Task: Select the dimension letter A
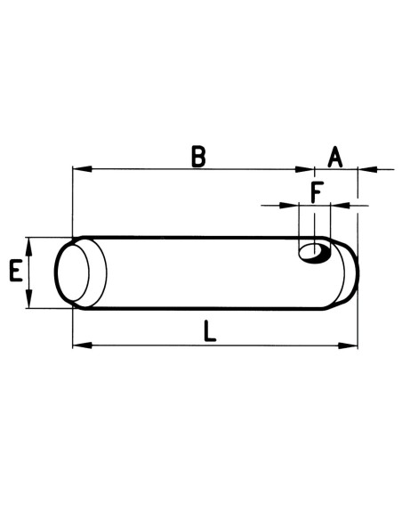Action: coord(334,158)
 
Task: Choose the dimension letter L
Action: coord(208,331)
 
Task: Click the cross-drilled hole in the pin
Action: coord(314,253)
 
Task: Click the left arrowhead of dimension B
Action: coord(77,168)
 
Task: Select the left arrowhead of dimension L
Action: coord(78,345)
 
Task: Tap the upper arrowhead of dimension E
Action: coord(30,243)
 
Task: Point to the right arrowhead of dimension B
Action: coord(308,168)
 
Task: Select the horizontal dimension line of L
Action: coord(142,345)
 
